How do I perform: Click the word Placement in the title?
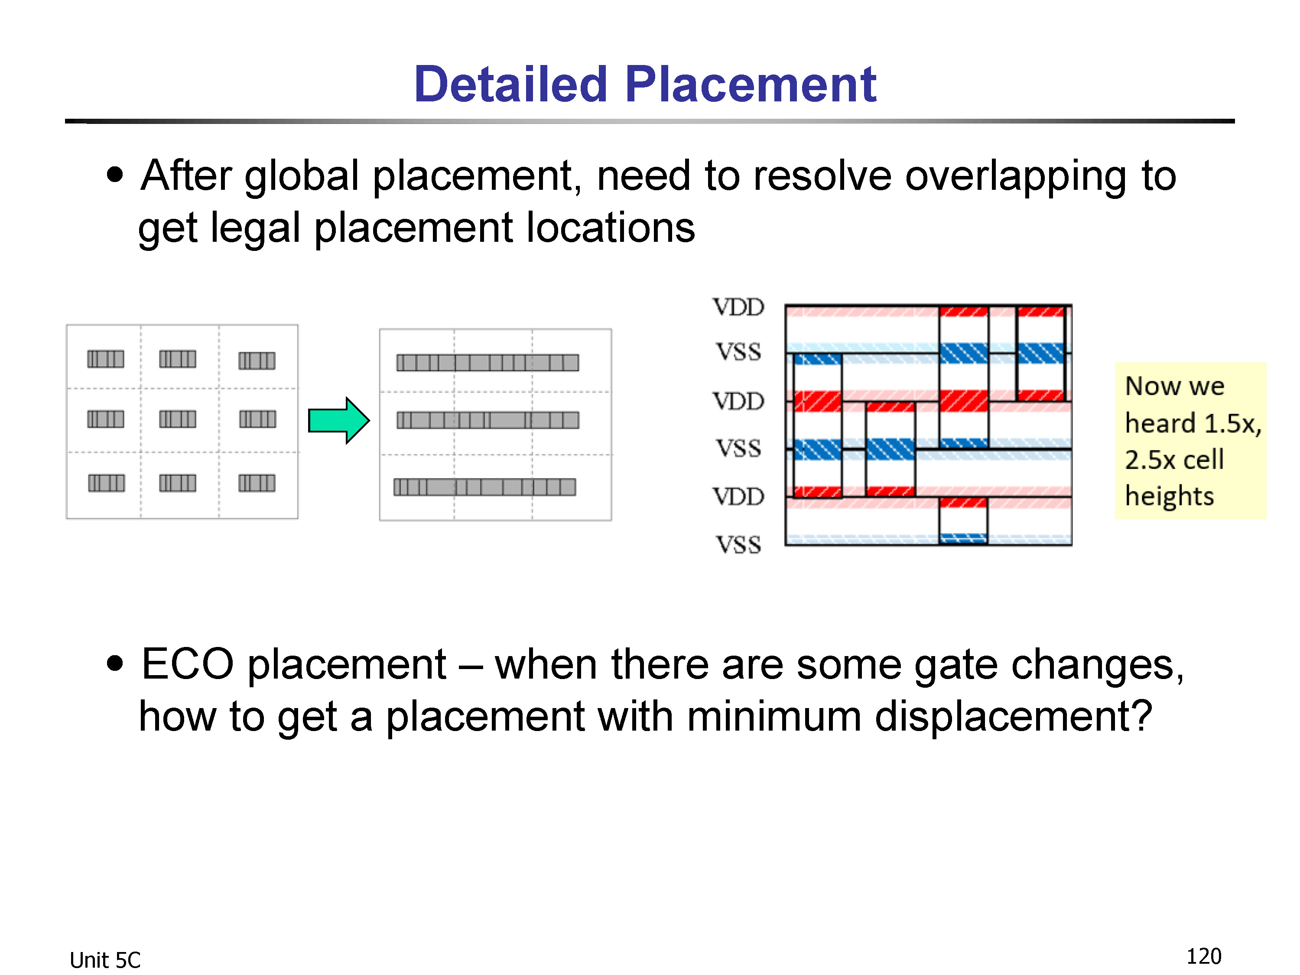coord(751,84)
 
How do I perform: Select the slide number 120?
coord(1204,956)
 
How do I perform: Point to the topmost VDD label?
coord(738,307)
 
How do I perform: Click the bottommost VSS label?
coord(738,545)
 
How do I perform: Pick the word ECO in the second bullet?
coord(188,664)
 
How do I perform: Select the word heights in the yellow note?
coord(1169,497)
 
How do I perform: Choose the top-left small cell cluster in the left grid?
coord(106,358)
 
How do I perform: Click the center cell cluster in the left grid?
coord(178,419)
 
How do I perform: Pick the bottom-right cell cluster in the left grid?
coord(257,483)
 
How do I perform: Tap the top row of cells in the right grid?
coord(488,363)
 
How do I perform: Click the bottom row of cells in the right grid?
coord(485,487)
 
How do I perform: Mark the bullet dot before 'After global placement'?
coord(115,175)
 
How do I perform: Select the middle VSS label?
coord(738,448)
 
